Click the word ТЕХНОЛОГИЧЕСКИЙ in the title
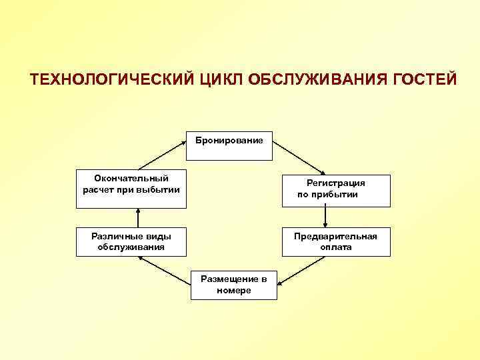[x=111, y=79]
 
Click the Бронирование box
[x=229, y=146]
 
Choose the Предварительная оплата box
[x=336, y=242]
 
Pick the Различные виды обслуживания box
[x=131, y=242]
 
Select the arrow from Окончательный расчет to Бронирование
[x=161, y=153]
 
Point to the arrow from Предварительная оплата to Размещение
[x=301, y=271]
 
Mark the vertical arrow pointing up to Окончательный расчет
[x=138, y=217]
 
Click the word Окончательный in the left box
[x=131, y=178]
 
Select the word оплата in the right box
[x=336, y=247]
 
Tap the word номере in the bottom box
[x=233, y=291]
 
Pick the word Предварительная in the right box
[x=336, y=236]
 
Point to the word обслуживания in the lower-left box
[x=131, y=247]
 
